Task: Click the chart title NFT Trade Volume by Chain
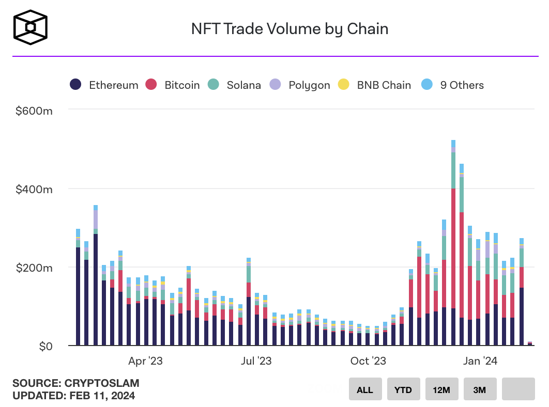289,28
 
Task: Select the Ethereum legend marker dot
76,85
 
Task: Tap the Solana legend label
243,85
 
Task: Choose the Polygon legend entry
309,85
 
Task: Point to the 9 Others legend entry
462,85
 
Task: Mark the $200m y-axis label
34,268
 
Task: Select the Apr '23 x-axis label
145,361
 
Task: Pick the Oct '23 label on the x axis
368,361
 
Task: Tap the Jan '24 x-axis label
480,361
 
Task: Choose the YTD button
403,389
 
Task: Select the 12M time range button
441,389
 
